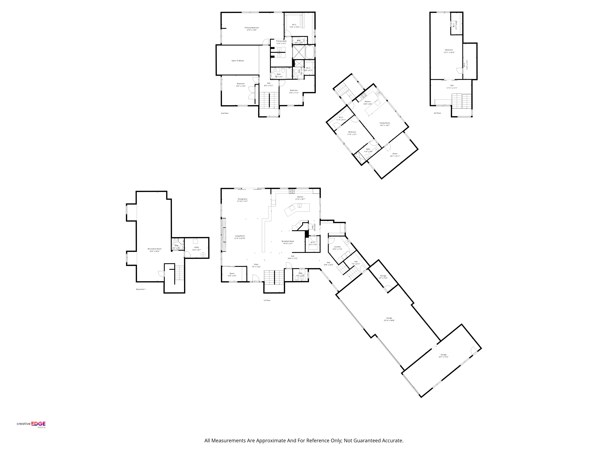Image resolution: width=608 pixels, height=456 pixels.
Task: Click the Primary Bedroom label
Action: coord(252,29)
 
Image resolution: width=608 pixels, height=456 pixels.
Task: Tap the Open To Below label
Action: coord(237,61)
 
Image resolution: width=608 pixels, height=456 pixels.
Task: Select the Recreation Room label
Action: coord(154,250)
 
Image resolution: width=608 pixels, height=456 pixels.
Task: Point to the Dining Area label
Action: coord(242,200)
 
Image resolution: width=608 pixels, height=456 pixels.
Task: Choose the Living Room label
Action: coord(240,237)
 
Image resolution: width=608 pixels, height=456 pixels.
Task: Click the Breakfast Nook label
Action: coord(288,242)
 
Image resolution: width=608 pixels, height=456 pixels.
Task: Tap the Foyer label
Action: coord(256,266)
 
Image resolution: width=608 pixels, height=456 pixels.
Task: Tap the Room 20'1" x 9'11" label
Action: coord(395,155)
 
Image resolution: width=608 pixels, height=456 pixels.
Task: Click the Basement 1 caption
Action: coord(141,289)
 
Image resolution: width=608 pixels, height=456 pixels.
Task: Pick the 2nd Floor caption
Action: coord(225,113)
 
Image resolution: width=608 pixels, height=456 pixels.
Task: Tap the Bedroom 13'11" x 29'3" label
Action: coord(449,51)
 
